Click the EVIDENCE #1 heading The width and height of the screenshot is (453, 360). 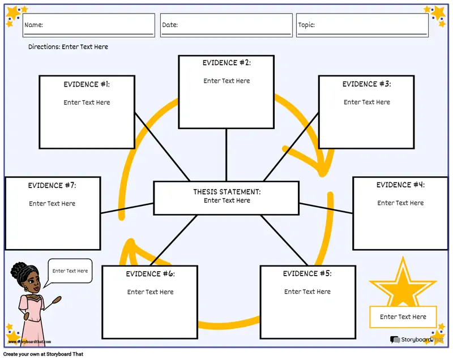[87, 84]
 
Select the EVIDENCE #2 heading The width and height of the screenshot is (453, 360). [226, 63]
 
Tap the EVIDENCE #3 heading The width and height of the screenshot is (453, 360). [366, 84]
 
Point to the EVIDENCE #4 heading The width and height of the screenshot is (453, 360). [400, 185]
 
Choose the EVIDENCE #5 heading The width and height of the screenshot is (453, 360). [307, 274]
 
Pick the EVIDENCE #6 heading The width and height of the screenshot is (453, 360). [150, 274]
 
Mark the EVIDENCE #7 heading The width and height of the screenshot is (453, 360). [52, 186]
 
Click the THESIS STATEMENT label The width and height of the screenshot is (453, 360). [226, 192]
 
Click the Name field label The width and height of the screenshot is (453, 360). [33, 25]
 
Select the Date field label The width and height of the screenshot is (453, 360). [170, 25]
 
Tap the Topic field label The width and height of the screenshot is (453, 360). [306, 25]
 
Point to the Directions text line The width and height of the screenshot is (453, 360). [68, 47]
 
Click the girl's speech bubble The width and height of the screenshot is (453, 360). [70, 271]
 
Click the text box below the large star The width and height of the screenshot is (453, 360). [403, 317]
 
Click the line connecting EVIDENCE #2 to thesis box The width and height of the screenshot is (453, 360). [226, 155]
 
